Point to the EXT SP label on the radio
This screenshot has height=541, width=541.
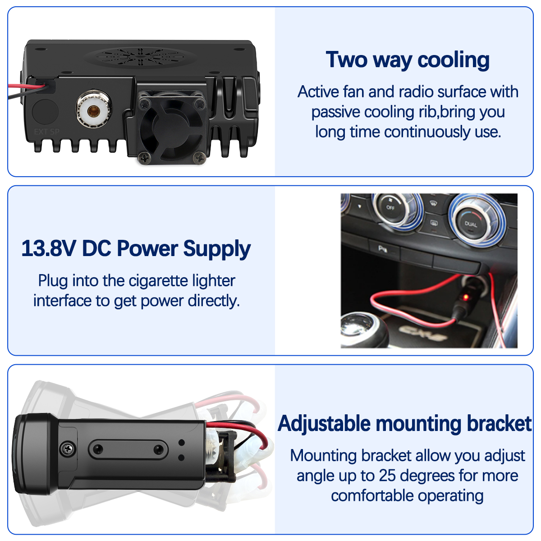pos(46,132)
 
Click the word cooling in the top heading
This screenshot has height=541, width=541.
pos(454,60)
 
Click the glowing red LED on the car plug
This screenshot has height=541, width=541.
pos(466,297)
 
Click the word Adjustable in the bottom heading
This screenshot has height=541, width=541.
pos(324,424)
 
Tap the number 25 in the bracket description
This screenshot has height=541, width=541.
pos(388,475)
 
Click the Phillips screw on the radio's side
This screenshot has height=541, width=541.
pos(68,449)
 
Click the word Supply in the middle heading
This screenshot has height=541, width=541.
pos(217,249)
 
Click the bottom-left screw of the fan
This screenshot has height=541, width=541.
pos(145,158)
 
